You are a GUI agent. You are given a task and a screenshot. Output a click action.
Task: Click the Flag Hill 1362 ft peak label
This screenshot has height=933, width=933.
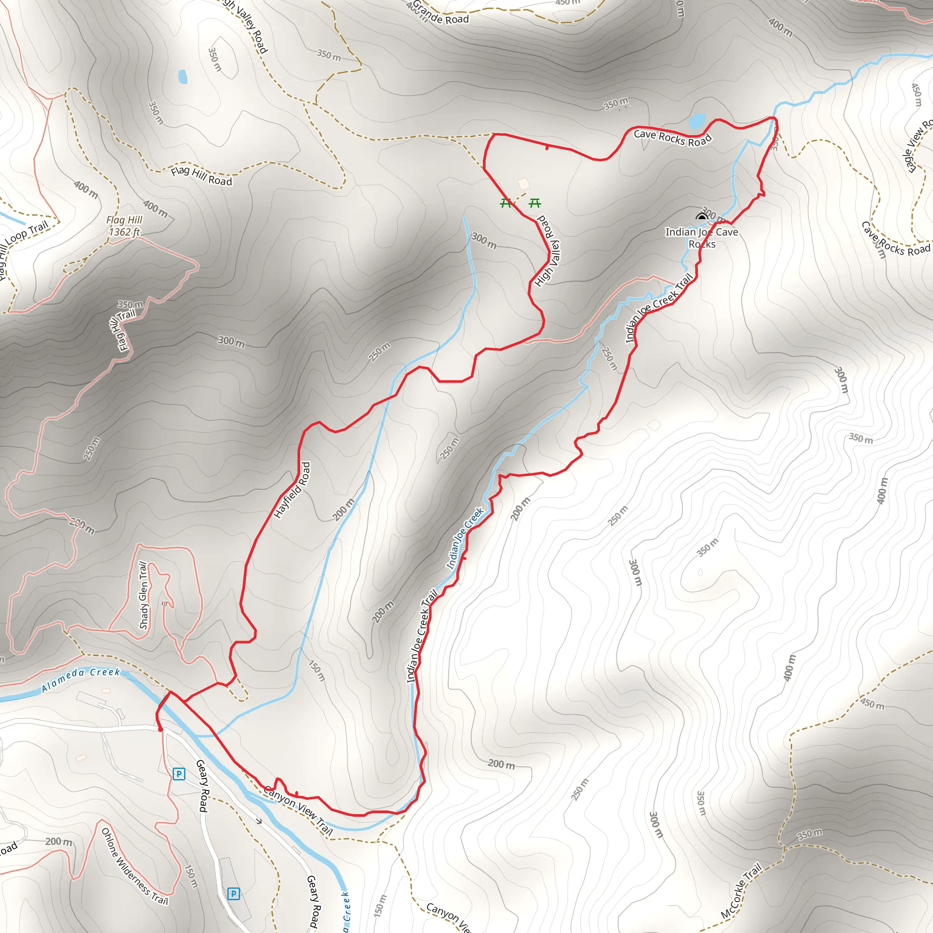pos(124,226)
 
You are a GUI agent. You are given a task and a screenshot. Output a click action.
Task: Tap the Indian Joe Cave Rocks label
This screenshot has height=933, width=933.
pos(702,238)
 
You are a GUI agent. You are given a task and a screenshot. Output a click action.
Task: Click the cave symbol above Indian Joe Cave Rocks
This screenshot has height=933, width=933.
pos(702,217)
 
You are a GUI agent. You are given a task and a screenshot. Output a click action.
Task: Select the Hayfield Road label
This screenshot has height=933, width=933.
pos(292,490)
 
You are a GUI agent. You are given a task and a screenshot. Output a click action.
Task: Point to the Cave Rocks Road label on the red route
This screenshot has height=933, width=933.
pos(673,138)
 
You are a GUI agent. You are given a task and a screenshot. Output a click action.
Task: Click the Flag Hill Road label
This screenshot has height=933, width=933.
pos(201,176)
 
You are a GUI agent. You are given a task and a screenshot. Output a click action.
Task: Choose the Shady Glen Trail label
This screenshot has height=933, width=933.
pos(144,595)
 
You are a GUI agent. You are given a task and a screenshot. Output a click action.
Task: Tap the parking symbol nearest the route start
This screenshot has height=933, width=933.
pos(179,774)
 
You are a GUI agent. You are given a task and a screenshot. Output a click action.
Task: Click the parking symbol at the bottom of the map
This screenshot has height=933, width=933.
pos(233,893)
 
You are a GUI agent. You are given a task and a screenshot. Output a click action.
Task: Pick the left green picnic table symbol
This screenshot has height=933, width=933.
pos(506,203)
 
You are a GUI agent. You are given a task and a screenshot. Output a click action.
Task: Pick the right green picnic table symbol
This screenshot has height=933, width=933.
pos(534,203)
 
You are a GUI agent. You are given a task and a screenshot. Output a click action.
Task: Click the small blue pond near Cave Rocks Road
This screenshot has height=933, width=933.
pos(697,121)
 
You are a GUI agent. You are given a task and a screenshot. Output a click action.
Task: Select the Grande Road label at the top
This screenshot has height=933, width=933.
pos(441,14)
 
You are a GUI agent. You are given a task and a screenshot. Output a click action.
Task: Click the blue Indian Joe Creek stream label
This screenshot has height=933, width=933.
pos(465,538)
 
